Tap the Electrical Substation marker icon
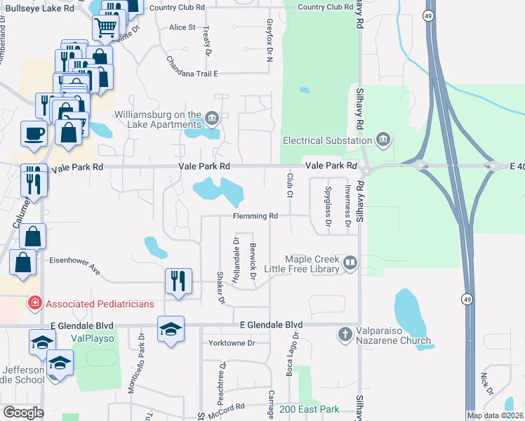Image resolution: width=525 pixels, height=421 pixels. click(383, 140)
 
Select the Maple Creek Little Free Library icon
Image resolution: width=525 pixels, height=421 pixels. click(350, 264)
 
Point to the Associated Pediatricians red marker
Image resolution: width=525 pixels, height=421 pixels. click(33, 304)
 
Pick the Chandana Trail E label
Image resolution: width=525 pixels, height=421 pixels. click(192, 73)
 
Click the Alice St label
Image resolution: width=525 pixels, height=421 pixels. click(182, 27)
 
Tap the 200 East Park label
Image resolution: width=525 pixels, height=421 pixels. click(307, 408)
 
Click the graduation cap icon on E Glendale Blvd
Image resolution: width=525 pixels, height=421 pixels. click(171, 328)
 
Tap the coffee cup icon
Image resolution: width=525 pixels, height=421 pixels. click(34, 133)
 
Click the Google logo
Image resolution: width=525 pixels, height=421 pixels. click(23, 413)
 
